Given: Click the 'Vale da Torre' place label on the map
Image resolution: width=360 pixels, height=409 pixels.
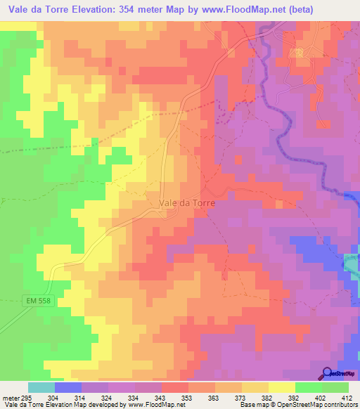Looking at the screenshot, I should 186,202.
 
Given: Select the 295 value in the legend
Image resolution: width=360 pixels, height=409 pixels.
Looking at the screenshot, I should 26,397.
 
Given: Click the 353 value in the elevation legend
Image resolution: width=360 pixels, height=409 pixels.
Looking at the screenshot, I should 188,397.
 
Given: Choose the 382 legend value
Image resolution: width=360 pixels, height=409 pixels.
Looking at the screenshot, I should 268,397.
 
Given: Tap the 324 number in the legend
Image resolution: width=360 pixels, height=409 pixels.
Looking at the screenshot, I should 106,397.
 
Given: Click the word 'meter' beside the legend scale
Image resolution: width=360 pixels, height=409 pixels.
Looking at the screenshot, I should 10,397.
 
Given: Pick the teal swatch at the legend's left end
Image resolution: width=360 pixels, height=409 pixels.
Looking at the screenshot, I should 41,387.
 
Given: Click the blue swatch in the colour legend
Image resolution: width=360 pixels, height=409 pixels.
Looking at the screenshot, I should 68,387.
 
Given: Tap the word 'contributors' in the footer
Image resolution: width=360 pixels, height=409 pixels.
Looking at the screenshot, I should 339,405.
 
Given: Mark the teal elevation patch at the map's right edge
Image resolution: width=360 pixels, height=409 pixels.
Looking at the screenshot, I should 352,264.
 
